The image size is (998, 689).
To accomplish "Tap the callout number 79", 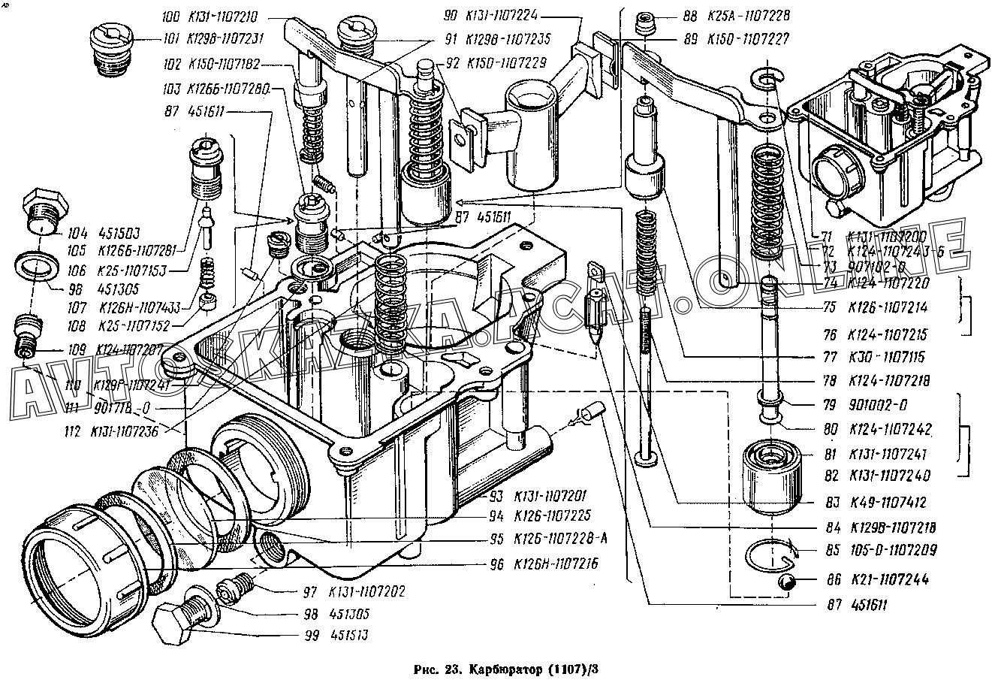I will click(829, 406).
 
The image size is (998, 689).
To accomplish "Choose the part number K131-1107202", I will click(367, 591).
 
